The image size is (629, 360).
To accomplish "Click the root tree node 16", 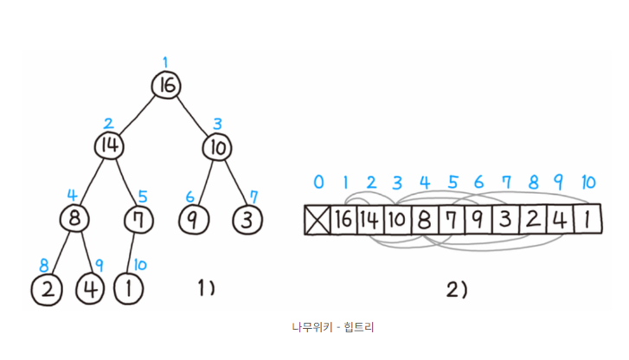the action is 166,85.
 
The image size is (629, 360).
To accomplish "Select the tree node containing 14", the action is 110,145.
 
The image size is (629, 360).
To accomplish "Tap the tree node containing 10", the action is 217,147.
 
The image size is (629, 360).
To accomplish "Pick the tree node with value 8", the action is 74,216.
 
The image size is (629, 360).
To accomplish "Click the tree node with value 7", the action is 137,217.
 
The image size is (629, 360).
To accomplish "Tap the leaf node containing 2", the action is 47,288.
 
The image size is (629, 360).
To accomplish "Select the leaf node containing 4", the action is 90,288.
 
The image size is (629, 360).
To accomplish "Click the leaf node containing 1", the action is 130,288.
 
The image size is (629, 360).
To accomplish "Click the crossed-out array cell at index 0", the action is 318,219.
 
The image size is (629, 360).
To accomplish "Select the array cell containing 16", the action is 343,219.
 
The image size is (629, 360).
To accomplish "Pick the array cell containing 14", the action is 370,219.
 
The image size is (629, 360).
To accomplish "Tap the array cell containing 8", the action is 425,219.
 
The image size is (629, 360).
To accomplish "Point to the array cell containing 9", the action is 478,219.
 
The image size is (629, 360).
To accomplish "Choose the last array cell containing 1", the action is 587,219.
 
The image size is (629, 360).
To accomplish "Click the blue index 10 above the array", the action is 587,183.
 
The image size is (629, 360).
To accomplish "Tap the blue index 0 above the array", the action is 318,183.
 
